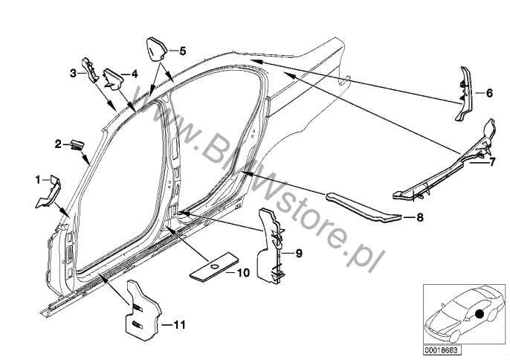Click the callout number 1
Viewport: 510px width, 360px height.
(x=38, y=179)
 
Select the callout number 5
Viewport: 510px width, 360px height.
(x=182, y=51)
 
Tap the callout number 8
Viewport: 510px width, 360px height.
(x=420, y=217)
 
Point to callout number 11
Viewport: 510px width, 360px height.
(x=179, y=324)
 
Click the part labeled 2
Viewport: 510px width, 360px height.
(x=77, y=145)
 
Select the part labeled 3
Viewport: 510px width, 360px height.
(x=90, y=70)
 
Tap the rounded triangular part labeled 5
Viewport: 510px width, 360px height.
(x=156, y=49)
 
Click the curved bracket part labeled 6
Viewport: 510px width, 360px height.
(x=465, y=94)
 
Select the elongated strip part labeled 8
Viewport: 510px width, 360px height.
(x=363, y=207)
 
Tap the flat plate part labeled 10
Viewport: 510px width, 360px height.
(x=214, y=266)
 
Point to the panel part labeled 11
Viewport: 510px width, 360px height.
(x=143, y=311)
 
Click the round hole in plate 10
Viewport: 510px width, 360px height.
(x=214, y=267)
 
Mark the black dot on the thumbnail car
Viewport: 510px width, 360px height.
(x=479, y=314)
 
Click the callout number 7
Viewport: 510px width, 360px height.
(x=491, y=161)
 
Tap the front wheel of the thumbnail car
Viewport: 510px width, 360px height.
(x=454, y=336)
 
